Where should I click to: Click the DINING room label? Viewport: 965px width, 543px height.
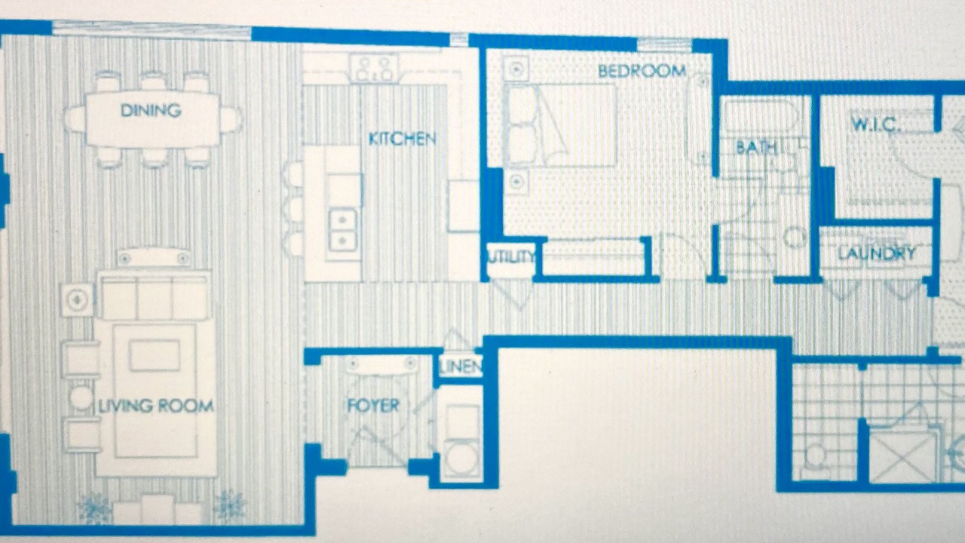[151, 110]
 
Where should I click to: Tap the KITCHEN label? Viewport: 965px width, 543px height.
[403, 139]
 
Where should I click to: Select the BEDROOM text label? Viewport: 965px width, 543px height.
[642, 71]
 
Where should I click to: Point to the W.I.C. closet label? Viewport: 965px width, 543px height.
[876, 124]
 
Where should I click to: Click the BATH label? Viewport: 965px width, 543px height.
[756, 147]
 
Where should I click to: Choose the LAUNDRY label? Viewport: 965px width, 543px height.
[877, 253]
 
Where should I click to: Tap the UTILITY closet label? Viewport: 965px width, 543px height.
[511, 257]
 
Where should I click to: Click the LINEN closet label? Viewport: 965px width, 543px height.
[461, 367]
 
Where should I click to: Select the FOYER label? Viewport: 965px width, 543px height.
[373, 406]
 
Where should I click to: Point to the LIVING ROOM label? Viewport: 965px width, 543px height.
[156, 406]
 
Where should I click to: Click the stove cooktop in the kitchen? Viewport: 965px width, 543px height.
[375, 68]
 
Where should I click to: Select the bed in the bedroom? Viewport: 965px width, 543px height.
[560, 125]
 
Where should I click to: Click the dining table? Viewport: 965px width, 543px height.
[152, 119]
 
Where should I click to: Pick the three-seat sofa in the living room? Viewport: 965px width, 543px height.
[155, 296]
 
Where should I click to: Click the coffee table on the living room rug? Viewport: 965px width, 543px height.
[155, 355]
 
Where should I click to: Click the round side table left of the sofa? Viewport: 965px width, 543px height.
[81, 397]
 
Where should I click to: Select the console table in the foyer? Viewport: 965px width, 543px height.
[381, 365]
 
